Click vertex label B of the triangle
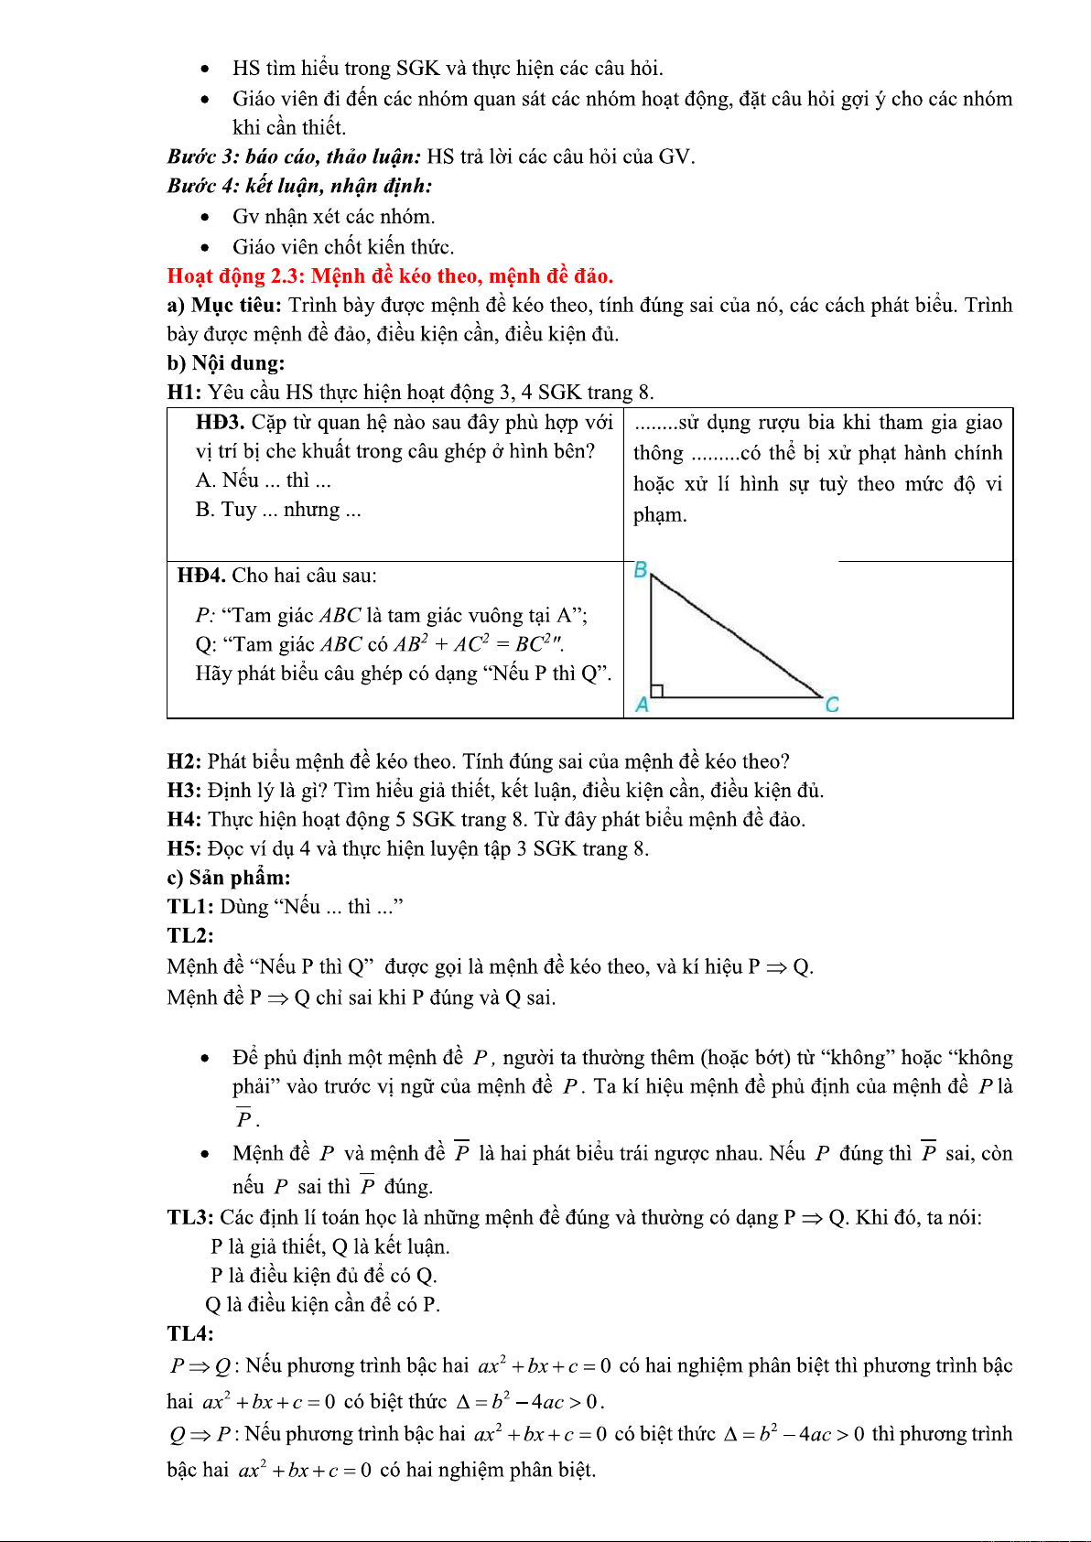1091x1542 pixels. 641,569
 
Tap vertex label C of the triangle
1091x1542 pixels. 831,705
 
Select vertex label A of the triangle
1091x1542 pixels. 642,705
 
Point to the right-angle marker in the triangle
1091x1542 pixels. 656,691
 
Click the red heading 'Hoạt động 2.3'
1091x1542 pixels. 390,275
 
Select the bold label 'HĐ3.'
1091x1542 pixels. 220,422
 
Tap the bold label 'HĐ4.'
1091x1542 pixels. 201,576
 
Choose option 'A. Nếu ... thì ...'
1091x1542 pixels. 263,480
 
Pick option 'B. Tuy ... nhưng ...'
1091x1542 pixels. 278,510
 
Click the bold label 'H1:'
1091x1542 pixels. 184,393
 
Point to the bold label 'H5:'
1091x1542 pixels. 184,848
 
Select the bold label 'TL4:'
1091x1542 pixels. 190,1333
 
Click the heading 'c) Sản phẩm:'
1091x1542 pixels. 229,878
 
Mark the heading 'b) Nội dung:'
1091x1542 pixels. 225,363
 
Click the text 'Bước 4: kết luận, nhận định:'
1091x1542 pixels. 299,186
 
